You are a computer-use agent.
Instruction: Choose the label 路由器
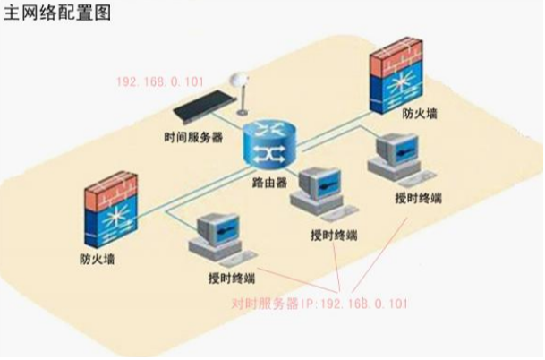[268, 183]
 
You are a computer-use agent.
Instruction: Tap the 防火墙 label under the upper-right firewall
[421, 116]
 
